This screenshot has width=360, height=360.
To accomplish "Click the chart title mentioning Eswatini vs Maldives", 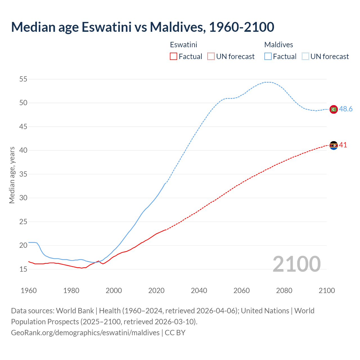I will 143,27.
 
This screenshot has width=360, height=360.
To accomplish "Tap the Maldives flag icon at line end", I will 334,109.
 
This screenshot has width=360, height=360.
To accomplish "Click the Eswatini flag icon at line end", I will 334,145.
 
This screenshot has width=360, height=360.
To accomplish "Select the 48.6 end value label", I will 346,109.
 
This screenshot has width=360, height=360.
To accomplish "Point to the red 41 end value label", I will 343,145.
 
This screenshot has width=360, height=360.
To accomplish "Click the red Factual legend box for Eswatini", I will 174,57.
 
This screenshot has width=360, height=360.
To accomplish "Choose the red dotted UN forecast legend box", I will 211,57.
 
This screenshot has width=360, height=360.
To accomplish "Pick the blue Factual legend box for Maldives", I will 268,57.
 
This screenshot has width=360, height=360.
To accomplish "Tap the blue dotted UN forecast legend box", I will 305,57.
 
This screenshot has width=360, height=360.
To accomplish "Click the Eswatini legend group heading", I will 183,45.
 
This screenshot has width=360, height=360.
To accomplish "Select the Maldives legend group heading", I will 278,45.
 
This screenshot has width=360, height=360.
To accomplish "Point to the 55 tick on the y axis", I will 23,79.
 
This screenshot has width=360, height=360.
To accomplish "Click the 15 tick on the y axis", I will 23,269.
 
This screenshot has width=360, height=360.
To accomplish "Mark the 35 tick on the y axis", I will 23,174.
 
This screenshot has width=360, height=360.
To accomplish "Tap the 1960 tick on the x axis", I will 29,291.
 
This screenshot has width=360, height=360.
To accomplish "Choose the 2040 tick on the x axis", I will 199,291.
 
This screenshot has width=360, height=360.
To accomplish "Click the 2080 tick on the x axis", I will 284,291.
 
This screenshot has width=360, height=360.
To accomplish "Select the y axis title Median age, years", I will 12,175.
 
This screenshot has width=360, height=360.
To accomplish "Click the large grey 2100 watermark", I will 296,264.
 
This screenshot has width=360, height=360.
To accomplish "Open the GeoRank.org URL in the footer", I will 85,333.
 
